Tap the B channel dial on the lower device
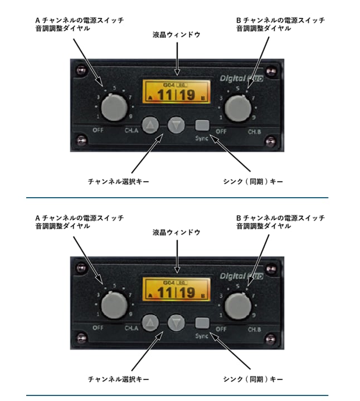tap(238, 306)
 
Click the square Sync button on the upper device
tap(202, 125)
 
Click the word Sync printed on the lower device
tap(202, 335)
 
